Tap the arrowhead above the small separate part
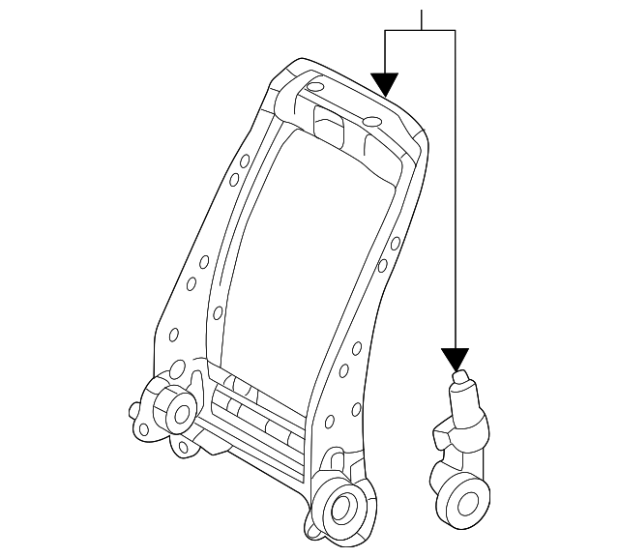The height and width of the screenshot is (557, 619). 455,360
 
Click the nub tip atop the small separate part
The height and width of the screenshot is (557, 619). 459,378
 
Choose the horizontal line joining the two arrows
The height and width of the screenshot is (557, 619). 420,30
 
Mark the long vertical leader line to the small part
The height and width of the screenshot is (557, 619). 455,193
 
